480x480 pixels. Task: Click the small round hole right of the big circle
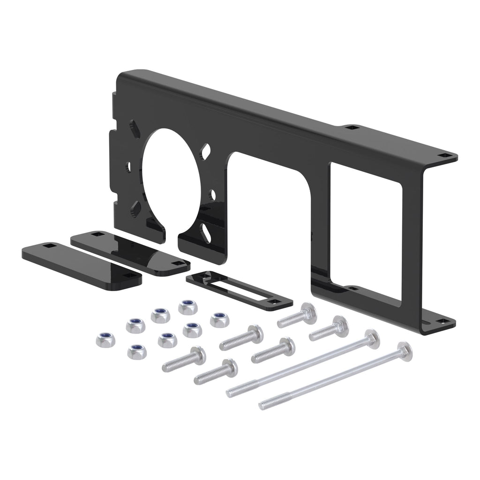pos(213,192)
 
